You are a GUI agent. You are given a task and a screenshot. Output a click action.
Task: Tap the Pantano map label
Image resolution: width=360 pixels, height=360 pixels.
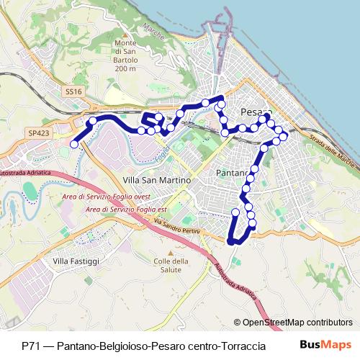233,174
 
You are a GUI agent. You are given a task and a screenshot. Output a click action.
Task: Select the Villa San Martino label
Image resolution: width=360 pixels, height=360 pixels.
157,179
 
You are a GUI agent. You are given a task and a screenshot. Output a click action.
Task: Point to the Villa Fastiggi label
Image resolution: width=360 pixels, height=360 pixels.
76,260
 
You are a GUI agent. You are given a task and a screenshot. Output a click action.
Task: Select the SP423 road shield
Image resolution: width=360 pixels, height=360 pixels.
39,133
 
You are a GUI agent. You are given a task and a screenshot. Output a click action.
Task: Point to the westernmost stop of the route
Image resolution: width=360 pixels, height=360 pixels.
74,144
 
